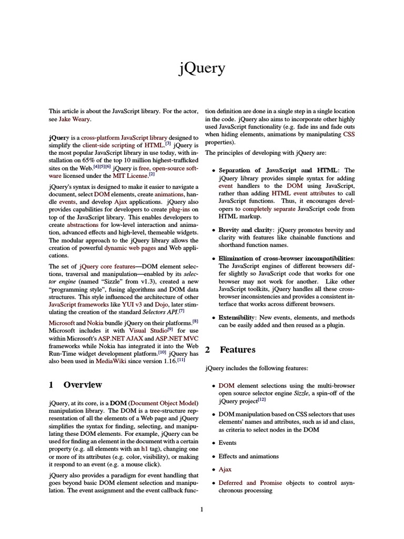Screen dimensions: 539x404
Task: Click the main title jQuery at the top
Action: pos(202,68)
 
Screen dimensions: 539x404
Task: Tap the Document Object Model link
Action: pos(164,403)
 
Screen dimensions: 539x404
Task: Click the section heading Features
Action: pos(238,350)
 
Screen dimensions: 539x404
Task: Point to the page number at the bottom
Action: pos(201,509)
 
